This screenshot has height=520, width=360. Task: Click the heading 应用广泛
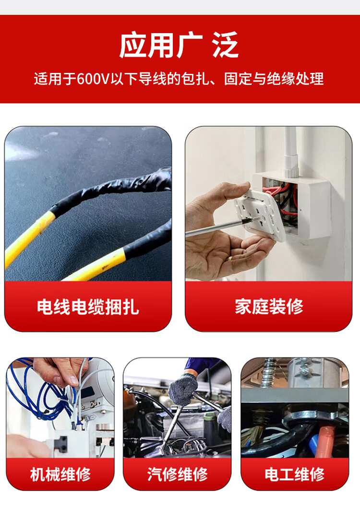click(179, 45)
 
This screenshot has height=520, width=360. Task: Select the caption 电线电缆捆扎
click(88, 307)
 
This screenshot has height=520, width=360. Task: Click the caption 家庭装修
click(269, 307)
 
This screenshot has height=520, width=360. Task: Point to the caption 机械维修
click(60, 474)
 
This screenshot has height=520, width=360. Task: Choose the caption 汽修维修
click(178, 474)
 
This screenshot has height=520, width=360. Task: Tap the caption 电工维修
click(295, 474)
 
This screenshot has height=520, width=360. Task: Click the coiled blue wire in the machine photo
click(36, 395)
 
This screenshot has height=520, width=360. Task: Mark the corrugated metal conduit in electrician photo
click(268, 373)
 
